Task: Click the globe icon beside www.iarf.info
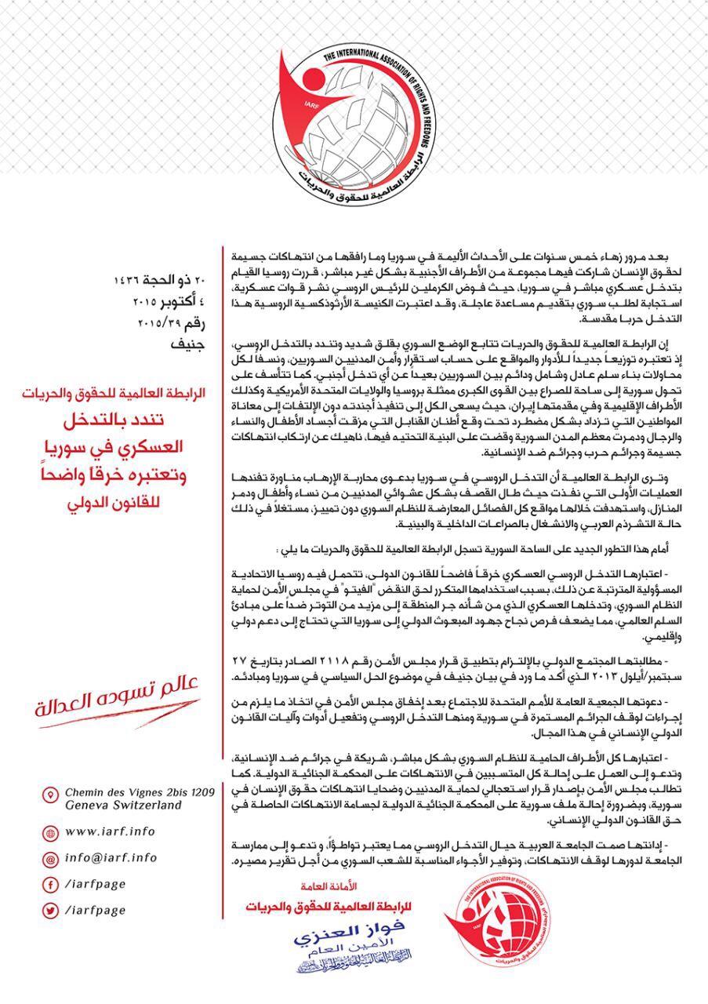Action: [x=49, y=831]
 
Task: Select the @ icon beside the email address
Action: [x=49, y=859]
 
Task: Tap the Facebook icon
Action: [x=49, y=886]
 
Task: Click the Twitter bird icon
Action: [x=49, y=911]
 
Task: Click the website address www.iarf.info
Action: [x=111, y=831]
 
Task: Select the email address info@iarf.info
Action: [x=112, y=858]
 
